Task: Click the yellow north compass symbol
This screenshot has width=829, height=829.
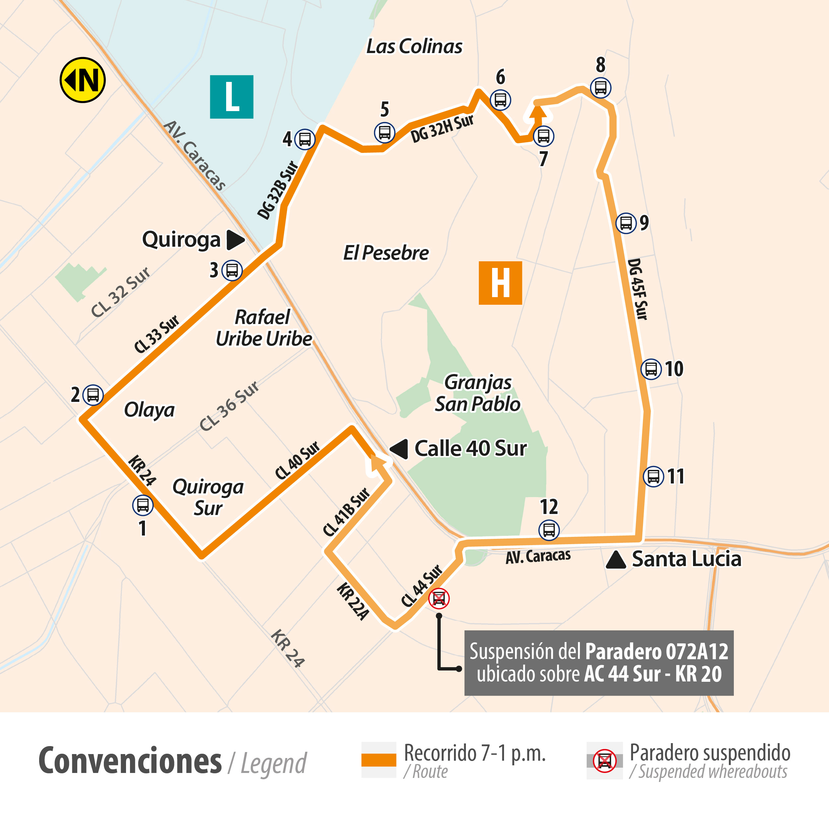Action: (x=82, y=80)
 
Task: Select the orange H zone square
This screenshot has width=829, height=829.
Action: (x=500, y=283)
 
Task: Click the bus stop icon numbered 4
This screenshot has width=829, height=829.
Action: (x=305, y=139)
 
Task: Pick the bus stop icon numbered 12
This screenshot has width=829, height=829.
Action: (x=549, y=530)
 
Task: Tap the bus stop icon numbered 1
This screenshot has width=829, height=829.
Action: (x=143, y=505)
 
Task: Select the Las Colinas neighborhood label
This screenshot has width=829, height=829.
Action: (x=414, y=46)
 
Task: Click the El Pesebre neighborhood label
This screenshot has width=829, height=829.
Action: (x=386, y=253)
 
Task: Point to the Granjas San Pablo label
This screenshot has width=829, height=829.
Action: (x=478, y=393)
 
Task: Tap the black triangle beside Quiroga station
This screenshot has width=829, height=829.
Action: (x=235, y=240)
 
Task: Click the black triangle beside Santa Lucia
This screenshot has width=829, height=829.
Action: (x=616, y=559)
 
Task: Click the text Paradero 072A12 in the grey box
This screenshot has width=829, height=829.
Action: (x=657, y=651)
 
